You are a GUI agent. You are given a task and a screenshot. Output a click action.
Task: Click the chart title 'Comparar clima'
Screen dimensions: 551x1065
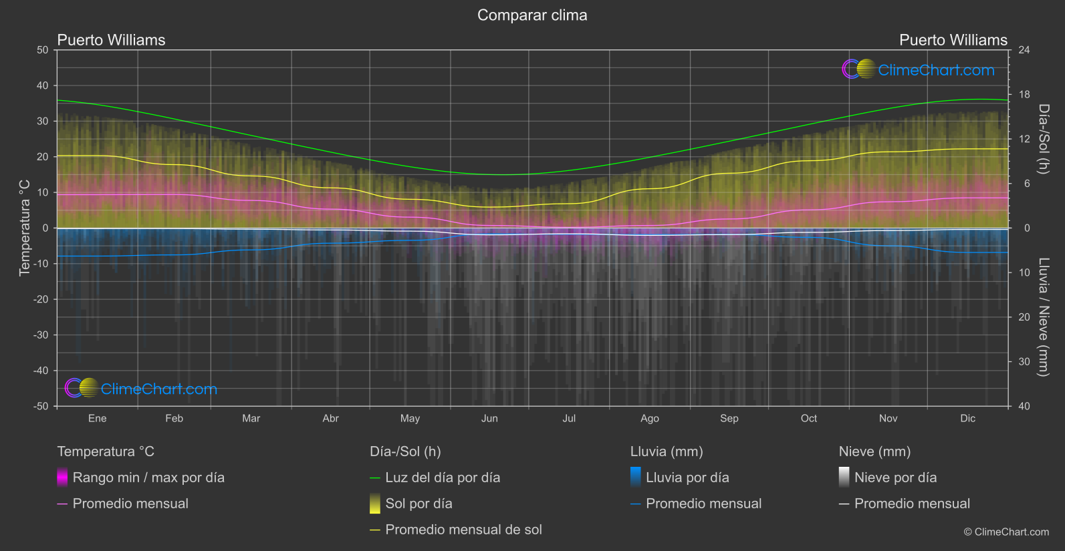[x=532, y=15]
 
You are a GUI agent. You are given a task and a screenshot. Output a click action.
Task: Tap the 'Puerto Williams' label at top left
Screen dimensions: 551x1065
[x=111, y=40]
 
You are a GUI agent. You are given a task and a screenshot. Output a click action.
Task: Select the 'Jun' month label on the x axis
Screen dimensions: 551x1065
[x=489, y=418]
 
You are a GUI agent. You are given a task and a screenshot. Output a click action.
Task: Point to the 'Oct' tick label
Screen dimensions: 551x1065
[x=809, y=418]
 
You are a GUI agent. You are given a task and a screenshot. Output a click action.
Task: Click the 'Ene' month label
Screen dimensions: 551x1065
[x=98, y=418]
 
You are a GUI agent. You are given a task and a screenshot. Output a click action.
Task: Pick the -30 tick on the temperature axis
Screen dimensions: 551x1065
[x=41, y=335]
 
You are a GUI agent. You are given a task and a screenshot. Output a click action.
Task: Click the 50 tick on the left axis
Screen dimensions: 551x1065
[x=43, y=50]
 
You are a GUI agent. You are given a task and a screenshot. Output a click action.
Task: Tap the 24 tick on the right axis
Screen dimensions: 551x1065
[x=1024, y=50]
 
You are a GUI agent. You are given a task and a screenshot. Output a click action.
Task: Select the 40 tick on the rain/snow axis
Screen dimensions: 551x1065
[x=1024, y=406]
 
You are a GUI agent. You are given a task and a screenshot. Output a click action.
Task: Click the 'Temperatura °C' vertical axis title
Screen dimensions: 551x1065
[x=25, y=228]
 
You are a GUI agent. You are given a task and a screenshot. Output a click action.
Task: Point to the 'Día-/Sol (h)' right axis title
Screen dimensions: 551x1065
[x=1044, y=139]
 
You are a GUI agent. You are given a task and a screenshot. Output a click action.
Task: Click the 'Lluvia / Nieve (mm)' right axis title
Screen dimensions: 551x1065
[x=1044, y=317]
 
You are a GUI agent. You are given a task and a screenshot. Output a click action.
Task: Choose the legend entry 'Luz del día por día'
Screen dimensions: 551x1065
[x=443, y=478]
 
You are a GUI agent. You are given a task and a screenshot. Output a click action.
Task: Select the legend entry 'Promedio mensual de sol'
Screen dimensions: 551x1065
[x=463, y=530]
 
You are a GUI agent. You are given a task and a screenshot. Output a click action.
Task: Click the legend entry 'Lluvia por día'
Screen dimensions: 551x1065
[x=687, y=478]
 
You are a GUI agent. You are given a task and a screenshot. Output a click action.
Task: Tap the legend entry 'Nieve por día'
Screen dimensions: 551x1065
[x=895, y=478]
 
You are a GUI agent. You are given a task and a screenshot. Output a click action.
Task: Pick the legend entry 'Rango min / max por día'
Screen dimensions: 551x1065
[x=148, y=478]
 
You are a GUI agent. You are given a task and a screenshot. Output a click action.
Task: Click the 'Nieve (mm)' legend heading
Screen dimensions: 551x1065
[x=874, y=451]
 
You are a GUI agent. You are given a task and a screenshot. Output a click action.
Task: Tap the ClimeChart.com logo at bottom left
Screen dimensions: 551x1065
[x=141, y=389]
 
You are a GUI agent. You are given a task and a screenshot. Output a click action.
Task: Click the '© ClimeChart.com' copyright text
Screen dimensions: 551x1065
[x=1006, y=532]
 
